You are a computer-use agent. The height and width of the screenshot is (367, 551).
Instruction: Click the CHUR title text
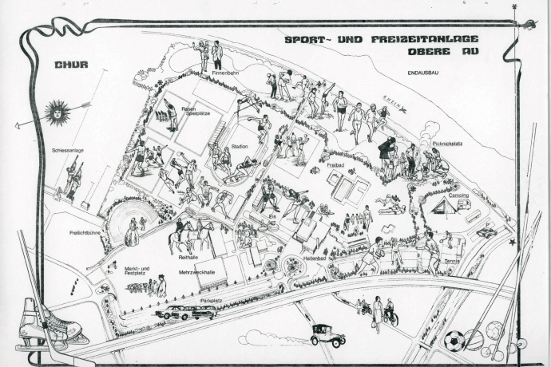[x=73, y=65]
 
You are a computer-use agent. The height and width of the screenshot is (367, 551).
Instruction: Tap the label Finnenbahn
[x=225, y=73]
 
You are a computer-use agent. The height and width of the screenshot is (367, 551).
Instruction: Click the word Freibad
[x=335, y=165]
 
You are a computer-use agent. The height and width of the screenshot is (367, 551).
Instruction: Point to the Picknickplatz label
[x=448, y=144]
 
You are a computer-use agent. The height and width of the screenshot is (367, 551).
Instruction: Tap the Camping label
[x=458, y=195]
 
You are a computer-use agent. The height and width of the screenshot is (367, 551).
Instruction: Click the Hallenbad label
[x=315, y=258]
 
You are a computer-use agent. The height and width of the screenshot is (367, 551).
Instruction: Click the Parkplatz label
[x=210, y=301]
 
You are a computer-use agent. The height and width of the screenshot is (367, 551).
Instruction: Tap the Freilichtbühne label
[x=84, y=232]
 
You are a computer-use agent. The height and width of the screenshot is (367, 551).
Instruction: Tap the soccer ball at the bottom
[x=454, y=340]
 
